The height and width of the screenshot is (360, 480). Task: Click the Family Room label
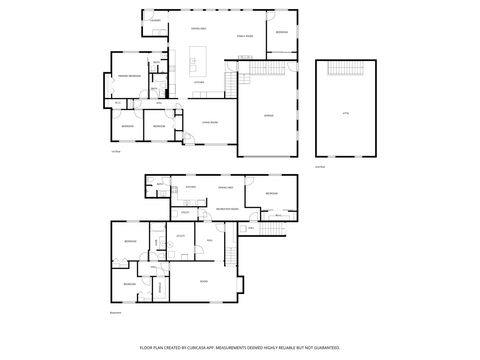244,35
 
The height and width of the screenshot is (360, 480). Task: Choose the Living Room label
210,123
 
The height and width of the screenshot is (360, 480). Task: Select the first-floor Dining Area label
198,29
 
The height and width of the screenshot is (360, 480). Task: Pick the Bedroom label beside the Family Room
282,33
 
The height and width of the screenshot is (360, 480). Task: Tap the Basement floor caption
114,313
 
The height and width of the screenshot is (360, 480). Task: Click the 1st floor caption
115,152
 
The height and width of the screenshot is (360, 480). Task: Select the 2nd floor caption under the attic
320,166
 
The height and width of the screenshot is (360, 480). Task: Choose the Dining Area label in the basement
225,187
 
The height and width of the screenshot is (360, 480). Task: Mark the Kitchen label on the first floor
199,82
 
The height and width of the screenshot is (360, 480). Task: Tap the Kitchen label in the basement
189,187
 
